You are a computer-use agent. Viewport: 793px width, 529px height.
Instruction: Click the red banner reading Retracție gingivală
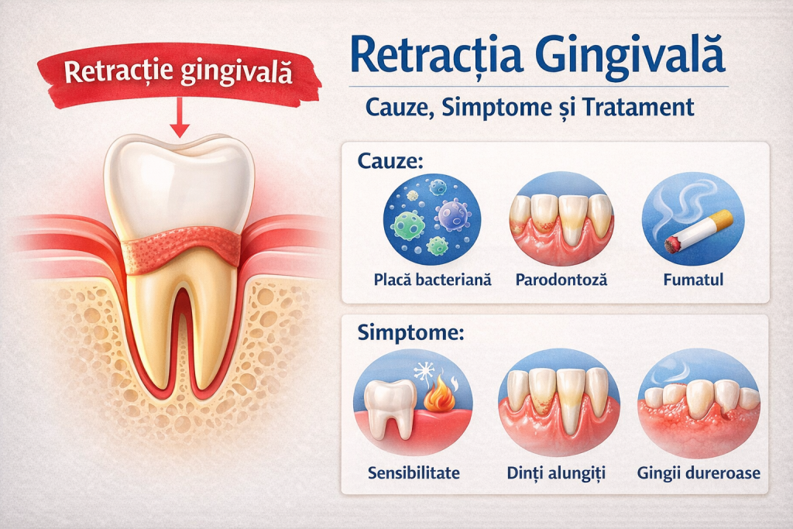pyautogui.click(x=178, y=73)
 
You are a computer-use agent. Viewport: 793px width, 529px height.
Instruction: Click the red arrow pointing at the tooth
pyautogui.click(x=179, y=116)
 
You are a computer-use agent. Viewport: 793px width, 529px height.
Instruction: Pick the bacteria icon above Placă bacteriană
pyautogui.click(x=432, y=219)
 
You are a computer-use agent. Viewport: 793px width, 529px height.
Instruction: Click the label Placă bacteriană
pyautogui.click(x=432, y=280)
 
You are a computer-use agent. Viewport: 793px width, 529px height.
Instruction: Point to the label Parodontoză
pyautogui.click(x=561, y=280)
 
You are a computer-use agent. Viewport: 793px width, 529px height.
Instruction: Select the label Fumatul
pyautogui.click(x=693, y=280)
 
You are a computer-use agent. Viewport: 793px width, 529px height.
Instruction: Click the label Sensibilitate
pyautogui.click(x=414, y=472)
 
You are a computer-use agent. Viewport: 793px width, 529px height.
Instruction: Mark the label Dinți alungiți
pyautogui.click(x=558, y=472)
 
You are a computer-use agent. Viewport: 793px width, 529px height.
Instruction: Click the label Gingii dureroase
pyautogui.click(x=698, y=472)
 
